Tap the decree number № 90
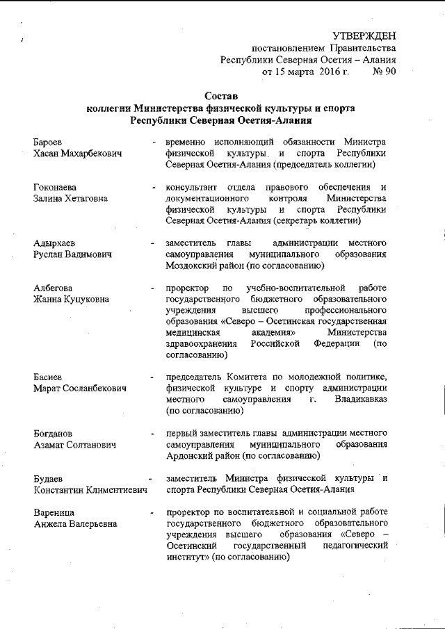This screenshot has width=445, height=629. point(385,71)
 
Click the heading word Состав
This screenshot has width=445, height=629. point(221,95)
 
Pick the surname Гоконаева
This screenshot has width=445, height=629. point(55,188)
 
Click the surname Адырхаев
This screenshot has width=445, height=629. point(54,243)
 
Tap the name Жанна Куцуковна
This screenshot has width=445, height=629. point(71,300)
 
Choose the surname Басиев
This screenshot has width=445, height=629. point(49,377)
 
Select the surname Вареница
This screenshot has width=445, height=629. point(54,512)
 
